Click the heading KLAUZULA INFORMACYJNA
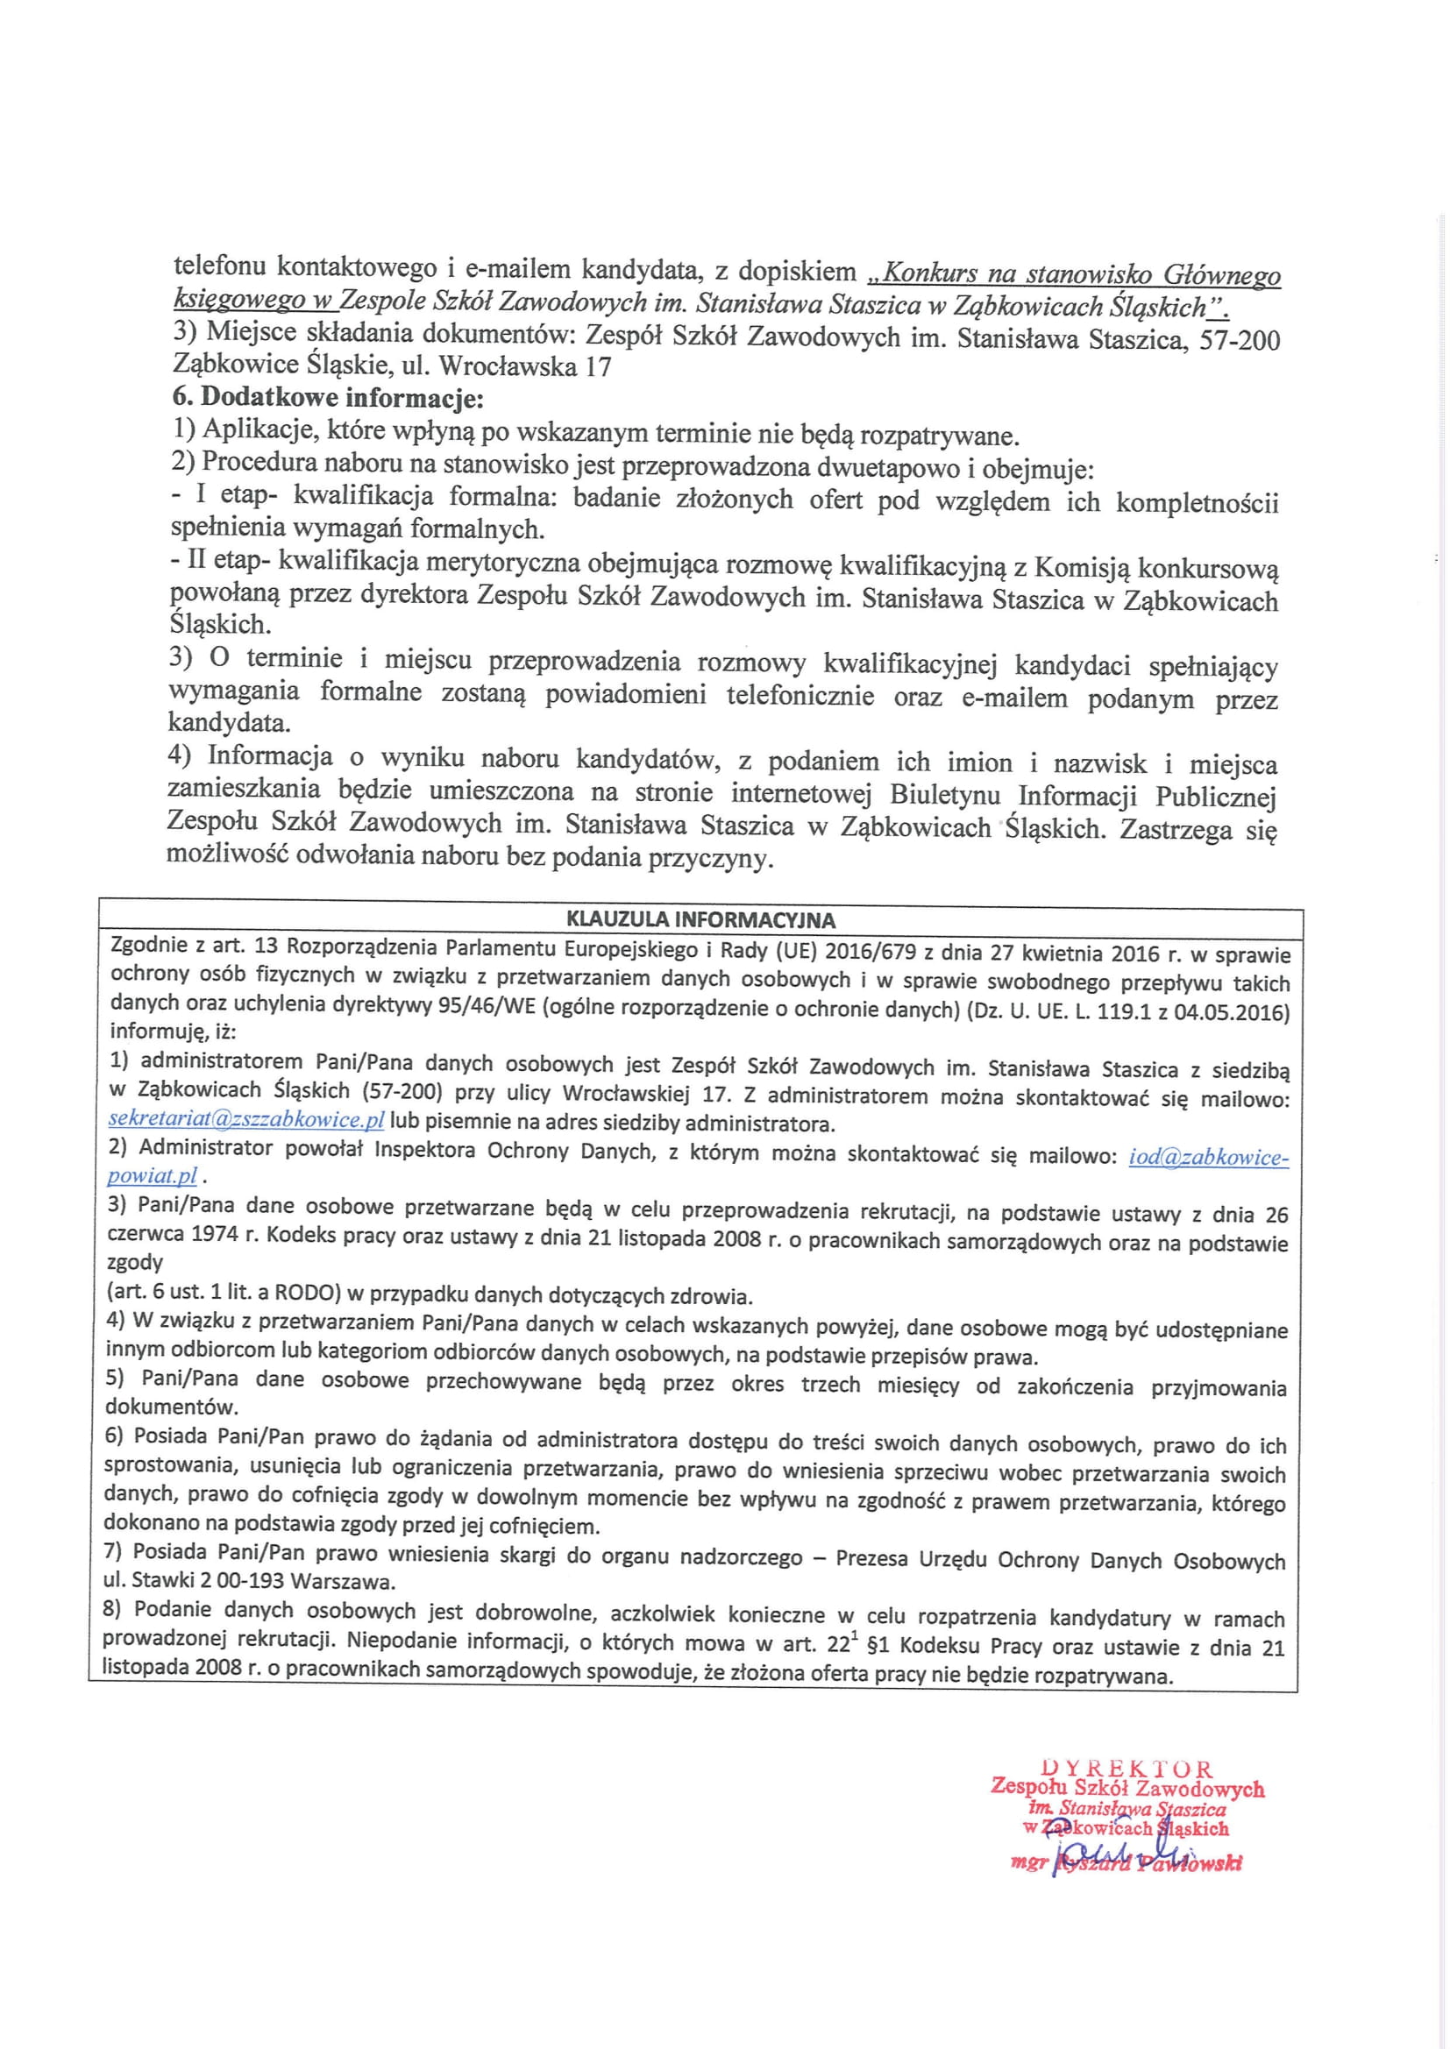[x=701, y=920]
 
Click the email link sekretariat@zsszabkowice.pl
[x=245, y=1120]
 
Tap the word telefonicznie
[x=800, y=696]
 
